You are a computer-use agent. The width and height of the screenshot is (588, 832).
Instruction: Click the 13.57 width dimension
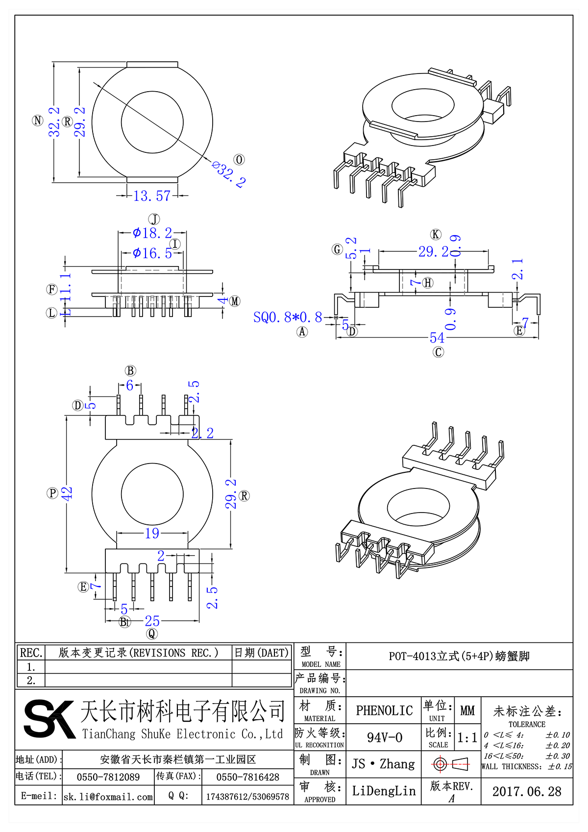152,196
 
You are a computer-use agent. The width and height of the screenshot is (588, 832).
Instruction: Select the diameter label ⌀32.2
229,174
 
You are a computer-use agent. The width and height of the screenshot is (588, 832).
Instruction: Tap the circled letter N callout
38,121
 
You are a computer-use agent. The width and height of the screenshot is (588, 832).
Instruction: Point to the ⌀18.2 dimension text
153,233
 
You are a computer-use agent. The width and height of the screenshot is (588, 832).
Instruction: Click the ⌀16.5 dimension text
153,253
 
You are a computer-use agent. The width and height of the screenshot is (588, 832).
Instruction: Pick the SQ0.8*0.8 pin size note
288,318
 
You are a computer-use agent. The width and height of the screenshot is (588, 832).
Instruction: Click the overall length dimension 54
437,338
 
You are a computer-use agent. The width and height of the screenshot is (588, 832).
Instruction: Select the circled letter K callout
436,234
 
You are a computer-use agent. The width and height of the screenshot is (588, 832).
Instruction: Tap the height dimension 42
67,493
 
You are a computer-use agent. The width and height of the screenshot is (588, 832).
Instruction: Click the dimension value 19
152,533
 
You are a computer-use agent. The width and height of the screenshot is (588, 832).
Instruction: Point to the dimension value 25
152,621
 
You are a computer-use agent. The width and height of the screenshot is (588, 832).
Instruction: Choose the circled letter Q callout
152,634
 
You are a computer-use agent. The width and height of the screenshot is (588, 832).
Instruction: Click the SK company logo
49,719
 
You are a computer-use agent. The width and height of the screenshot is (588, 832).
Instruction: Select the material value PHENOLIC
384,710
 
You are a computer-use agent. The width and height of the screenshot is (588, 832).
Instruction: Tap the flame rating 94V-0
384,737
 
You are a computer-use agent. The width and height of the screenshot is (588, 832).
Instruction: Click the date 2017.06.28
527,791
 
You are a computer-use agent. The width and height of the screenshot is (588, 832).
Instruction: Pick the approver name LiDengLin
384,791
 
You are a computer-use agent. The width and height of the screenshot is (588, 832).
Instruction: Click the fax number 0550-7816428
247,777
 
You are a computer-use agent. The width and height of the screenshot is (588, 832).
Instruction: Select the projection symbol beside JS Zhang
451,764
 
